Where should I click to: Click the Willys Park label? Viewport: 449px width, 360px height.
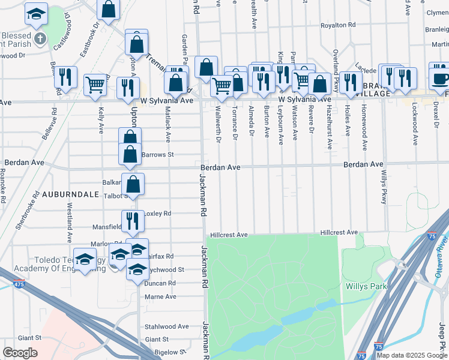tap(366, 286)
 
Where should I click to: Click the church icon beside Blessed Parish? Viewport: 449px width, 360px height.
tap(40, 40)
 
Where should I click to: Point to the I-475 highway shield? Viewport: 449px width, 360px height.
tap(19, 284)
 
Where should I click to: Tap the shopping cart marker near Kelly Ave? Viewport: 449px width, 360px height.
tap(95, 85)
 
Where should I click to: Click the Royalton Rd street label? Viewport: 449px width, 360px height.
tap(338, 25)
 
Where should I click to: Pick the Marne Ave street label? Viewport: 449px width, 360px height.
tap(160, 296)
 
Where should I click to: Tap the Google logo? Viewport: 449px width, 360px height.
tap(20, 353)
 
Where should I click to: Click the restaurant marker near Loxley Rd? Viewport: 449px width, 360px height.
tap(133, 221)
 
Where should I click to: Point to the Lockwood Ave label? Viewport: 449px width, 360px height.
tap(415, 124)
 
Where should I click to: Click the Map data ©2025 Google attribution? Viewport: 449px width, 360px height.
tap(412, 355)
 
